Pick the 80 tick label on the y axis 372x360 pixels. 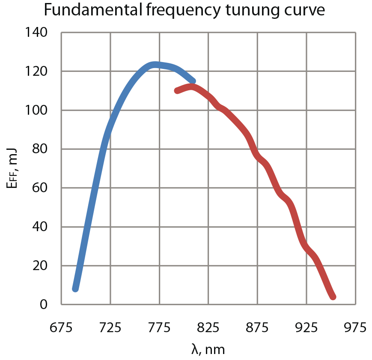[42, 149]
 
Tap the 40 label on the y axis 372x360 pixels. [42, 227]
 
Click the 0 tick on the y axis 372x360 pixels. [44, 305]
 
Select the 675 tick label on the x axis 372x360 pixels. [61, 328]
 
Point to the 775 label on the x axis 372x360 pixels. [159, 328]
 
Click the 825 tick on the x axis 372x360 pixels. [208, 328]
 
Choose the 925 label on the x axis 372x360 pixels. [307, 328]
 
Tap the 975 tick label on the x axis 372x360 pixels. [355, 328]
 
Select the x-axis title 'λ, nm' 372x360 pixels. [208, 349]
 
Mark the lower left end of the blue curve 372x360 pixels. [76, 289]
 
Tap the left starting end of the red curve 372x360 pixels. [177, 90]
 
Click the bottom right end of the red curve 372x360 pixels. [333, 297]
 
